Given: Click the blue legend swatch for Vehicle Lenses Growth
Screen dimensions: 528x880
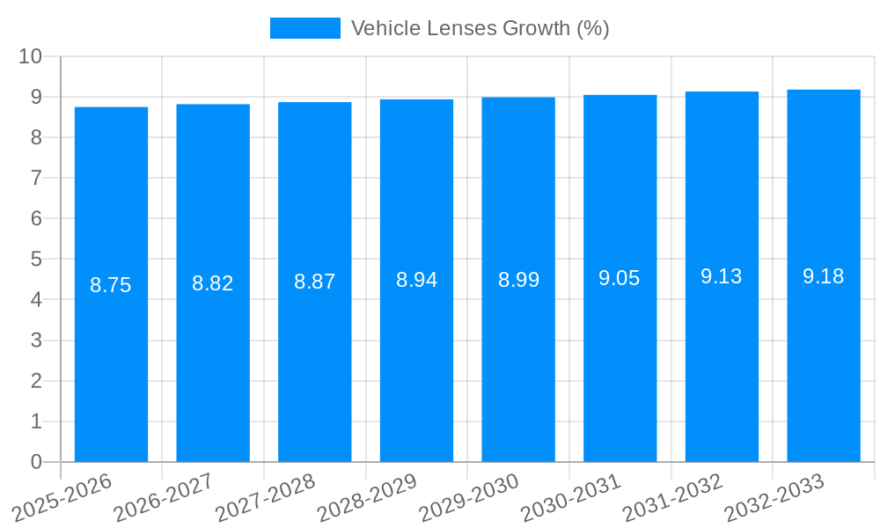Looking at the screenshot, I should point(304,28).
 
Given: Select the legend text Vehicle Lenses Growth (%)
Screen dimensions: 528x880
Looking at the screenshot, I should point(480,28).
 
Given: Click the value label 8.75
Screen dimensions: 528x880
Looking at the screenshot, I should point(111,285).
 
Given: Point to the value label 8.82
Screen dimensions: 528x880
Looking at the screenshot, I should point(213,283).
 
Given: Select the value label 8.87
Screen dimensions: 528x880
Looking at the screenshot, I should point(314,282).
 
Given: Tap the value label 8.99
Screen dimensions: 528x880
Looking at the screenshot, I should point(518,280).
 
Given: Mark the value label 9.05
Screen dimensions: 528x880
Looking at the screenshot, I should point(620,278).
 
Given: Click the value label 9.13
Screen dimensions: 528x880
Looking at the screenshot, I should point(722,276).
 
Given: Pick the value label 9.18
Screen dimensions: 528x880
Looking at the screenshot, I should point(824,276).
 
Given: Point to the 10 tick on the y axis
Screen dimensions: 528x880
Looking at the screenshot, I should point(31,56).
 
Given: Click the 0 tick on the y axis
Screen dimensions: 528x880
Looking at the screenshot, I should point(36,462).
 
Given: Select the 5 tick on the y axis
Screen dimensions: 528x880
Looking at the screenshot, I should point(36,260).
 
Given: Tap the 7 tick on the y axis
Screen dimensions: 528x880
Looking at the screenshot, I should point(36,178).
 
